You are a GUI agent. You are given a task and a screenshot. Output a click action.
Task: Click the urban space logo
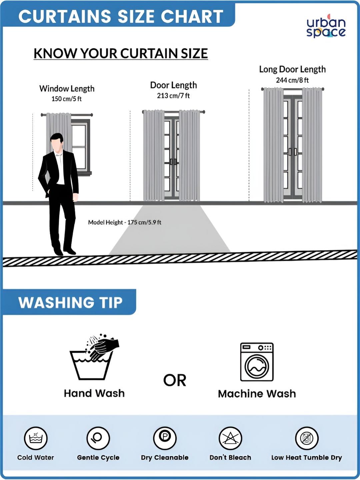click(326, 26)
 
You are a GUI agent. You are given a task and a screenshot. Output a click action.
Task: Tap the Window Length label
click(67, 89)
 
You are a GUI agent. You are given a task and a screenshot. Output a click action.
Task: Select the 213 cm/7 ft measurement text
click(173, 96)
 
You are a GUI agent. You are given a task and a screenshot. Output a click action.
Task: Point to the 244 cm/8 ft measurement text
click(292, 80)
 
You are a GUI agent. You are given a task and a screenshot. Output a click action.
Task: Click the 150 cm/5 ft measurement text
click(66, 99)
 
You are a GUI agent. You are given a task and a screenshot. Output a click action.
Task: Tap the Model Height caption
click(125, 222)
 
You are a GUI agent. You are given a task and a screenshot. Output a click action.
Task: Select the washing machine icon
click(257, 362)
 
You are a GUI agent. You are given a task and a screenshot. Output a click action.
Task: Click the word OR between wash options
click(175, 380)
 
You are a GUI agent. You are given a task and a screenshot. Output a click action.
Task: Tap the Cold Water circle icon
click(36, 438)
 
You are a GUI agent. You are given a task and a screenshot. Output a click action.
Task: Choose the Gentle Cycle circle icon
click(98, 438)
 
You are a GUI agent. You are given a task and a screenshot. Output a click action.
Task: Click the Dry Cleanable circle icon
click(165, 438)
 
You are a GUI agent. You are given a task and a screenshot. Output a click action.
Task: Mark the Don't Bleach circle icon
click(230, 438)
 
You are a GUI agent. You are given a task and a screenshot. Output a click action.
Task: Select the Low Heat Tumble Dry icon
click(307, 438)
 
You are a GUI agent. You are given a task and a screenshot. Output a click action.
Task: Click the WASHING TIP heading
click(70, 303)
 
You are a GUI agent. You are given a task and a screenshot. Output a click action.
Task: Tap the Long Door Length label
click(292, 69)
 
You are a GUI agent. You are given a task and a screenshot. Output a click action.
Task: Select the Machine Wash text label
click(257, 394)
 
